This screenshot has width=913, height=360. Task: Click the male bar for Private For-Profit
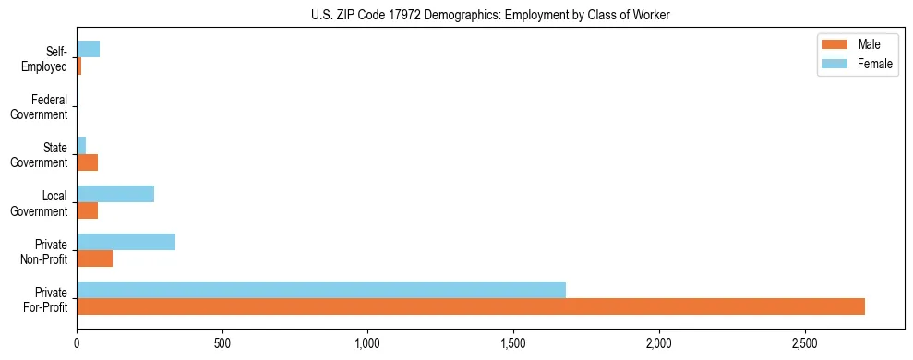[x=471, y=306]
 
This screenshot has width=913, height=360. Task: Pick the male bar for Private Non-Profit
[x=95, y=258]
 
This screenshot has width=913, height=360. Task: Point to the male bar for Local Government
[x=88, y=210]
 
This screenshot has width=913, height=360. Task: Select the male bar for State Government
[x=88, y=162]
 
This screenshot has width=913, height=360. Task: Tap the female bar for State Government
[x=81, y=146]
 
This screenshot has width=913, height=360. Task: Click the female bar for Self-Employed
[x=89, y=49]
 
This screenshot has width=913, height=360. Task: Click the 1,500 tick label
[x=513, y=343]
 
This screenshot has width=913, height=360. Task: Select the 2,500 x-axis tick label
[x=804, y=343]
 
